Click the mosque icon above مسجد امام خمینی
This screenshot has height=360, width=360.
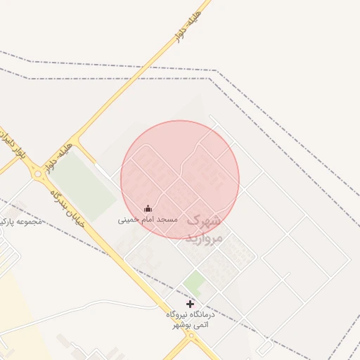click(x=148, y=208)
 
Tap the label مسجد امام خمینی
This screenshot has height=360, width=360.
click(x=148, y=219)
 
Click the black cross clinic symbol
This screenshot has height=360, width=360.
click(x=190, y=304)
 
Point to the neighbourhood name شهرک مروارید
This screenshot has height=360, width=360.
click(x=204, y=229)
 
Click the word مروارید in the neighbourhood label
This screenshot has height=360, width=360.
click(x=204, y=238)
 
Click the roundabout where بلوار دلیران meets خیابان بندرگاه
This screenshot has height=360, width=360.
click(x=37, y=173)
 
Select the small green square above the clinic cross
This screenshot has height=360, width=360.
click(x=194, y=284)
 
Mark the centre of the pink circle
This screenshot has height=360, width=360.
click(x=180, y=179)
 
